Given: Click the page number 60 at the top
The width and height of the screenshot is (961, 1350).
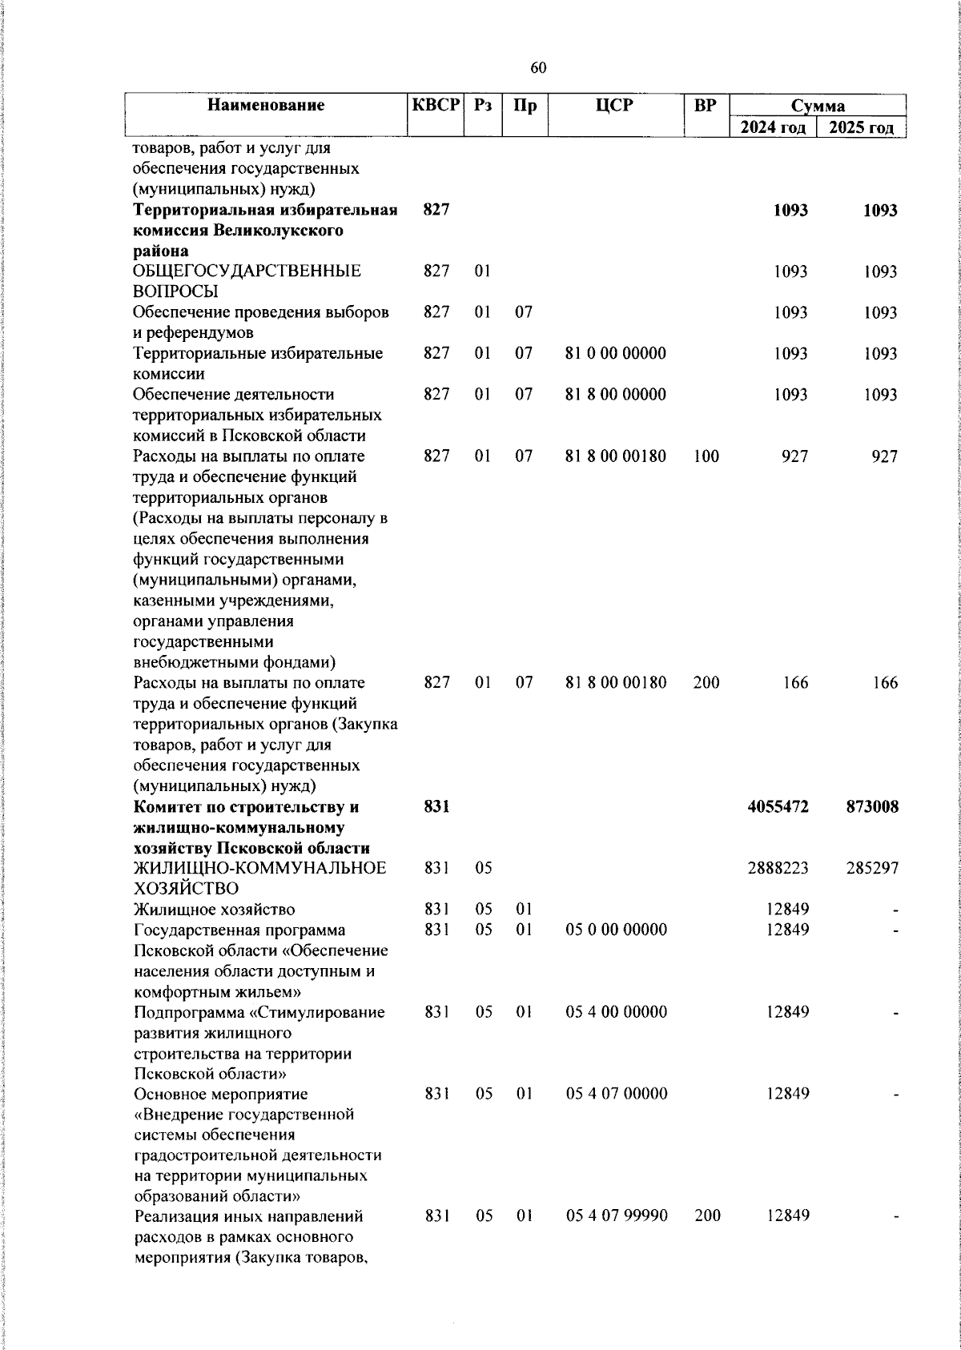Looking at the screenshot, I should (x=538, y=69).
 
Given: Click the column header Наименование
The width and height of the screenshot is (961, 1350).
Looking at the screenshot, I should (x=266, y=105).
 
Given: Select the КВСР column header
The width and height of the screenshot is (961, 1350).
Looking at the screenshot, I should (x=436, y=105).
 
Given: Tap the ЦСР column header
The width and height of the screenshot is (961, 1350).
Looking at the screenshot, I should (x=615, y=105).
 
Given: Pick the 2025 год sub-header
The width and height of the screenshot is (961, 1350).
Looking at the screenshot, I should (x=861, y=128).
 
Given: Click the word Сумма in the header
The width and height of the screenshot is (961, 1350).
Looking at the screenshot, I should (x=818, y=106).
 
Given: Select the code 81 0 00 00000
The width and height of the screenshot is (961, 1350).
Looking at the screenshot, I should (x=615, y=353).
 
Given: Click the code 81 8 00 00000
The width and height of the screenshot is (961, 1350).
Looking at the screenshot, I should (x=615, y=395).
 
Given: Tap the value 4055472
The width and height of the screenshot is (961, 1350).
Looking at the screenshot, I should (x=778, y=807).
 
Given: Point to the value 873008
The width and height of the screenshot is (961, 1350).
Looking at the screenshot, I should (x=872, y=807).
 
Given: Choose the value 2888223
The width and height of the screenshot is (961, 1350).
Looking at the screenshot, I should (x=778, y=868).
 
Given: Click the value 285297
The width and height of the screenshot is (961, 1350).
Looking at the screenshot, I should (x=872, y=868).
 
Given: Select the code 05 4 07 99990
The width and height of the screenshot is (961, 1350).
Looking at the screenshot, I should (x=616, y=1216).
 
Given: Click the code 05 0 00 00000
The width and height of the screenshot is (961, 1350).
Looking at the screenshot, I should (x=616, y=930).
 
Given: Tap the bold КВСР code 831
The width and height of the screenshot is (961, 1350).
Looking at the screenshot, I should (x=436, y=807).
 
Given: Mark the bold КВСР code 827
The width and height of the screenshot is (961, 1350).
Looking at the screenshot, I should (x=436, y=210).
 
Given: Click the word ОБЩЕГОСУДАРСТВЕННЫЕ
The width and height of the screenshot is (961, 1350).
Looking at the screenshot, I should (x=247, y=271).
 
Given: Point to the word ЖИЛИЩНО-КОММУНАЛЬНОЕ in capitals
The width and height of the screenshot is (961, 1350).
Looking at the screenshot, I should (x=259, y=868).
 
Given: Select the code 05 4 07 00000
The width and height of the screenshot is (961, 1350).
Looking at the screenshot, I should (x=616, y=1094).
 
